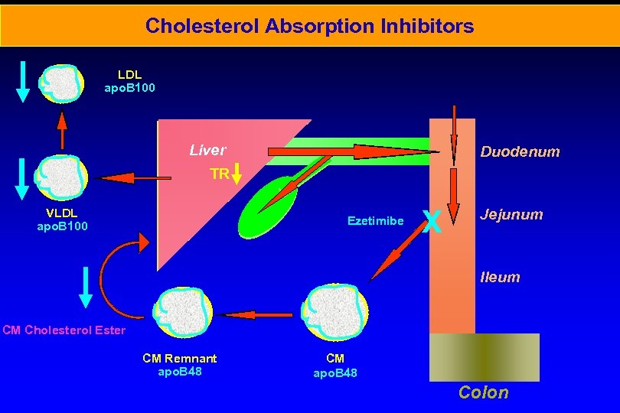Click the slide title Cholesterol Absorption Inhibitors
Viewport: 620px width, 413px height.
coord(309,26)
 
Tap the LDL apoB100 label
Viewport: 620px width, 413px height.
coord(129,81)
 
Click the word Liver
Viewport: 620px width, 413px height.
coord(207,150)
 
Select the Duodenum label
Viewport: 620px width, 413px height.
coord(520,151)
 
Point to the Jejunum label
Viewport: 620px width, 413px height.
coord(511,214)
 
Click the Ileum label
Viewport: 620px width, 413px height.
coord(500,277)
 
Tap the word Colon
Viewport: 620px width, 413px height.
coord(483,392)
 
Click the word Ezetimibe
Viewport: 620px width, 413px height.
coord(375,220)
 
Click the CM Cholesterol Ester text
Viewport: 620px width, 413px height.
coord(64,330)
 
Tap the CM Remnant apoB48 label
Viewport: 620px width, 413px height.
coord(180,365)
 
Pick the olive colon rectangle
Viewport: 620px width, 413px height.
coord(484,357)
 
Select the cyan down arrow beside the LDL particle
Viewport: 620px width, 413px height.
coord(23,81)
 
